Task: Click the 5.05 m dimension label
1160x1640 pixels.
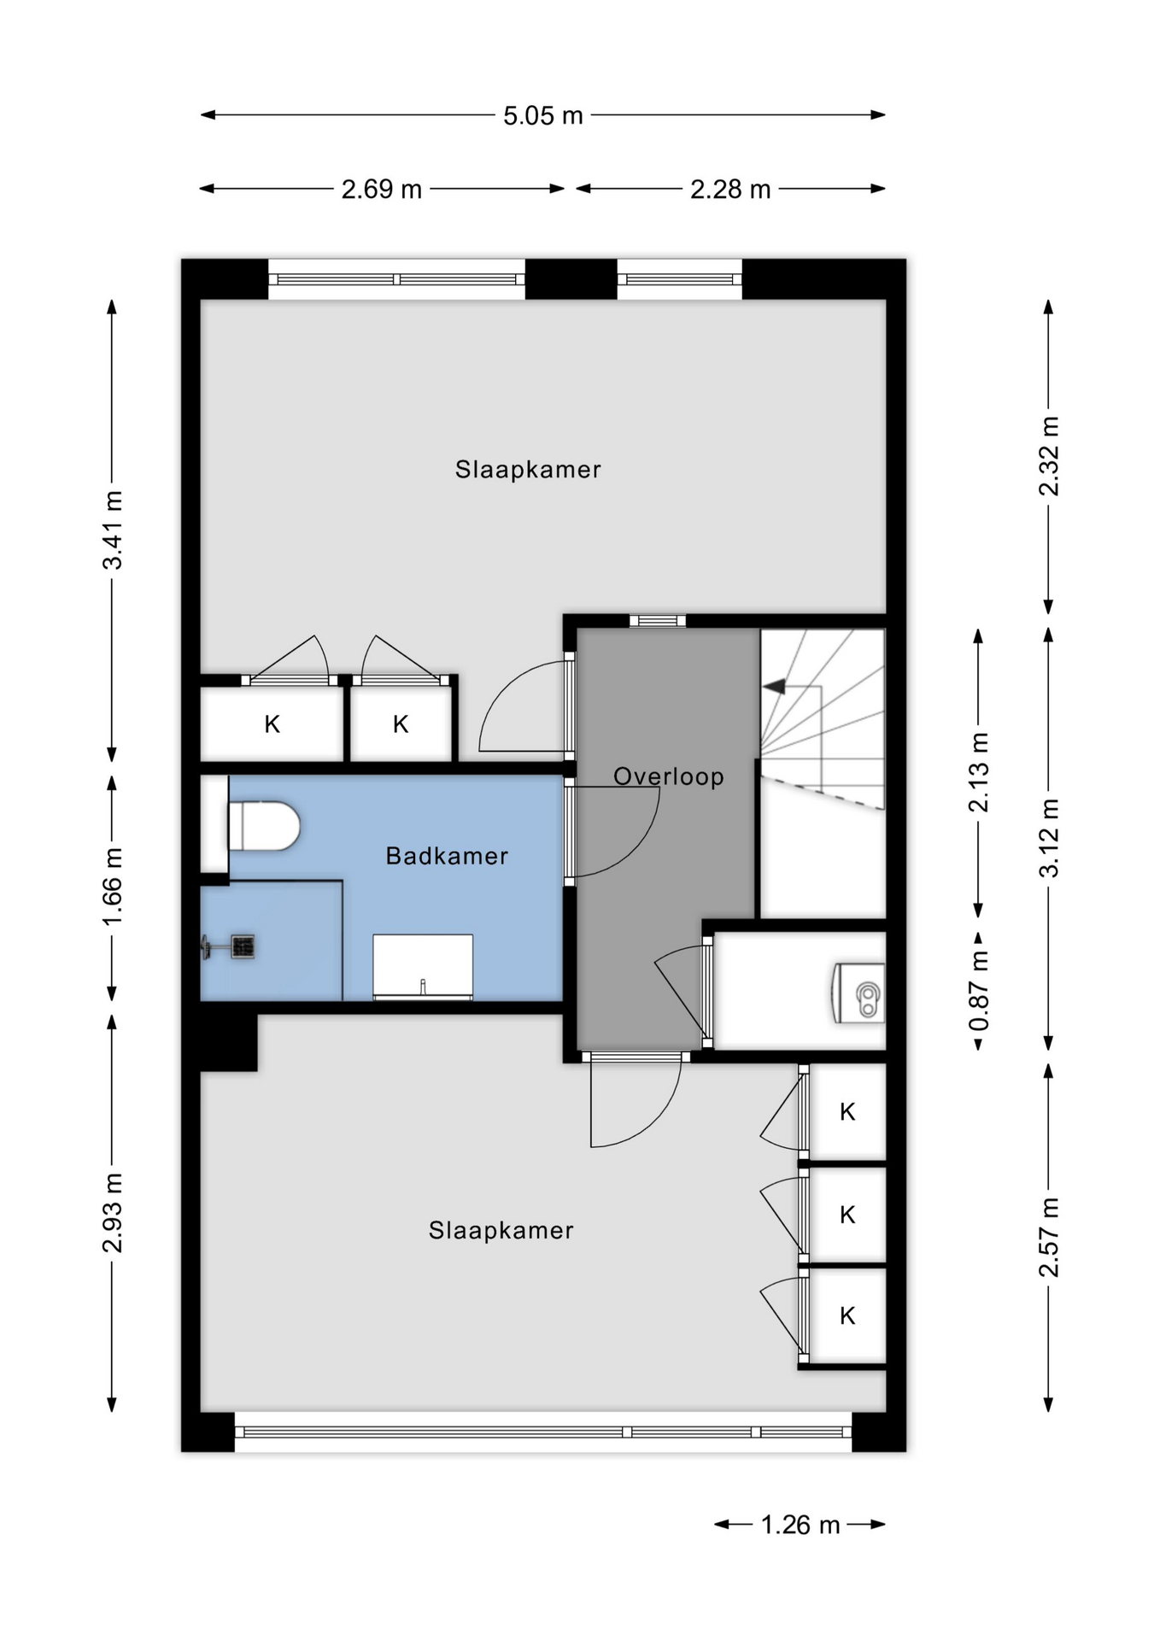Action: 542,115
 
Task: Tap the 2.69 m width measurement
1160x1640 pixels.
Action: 381,189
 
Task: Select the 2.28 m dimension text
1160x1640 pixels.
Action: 730,189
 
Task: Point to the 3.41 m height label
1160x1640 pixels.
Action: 113,530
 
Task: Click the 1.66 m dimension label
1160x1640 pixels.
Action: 113,887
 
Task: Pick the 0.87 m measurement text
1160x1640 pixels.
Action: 979,990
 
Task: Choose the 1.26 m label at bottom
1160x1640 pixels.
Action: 800,1525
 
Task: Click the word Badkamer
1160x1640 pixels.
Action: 447,856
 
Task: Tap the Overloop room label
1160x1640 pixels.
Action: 669,776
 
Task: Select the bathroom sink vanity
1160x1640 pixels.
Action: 423,966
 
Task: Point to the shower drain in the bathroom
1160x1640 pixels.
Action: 243,946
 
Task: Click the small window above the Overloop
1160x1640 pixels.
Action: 658,621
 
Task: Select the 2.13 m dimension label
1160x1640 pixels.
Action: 979,772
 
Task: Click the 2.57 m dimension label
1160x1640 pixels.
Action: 1049,1237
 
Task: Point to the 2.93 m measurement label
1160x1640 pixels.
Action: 113,1213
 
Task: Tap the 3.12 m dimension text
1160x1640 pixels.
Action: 1049,838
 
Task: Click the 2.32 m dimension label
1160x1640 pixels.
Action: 1049,456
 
